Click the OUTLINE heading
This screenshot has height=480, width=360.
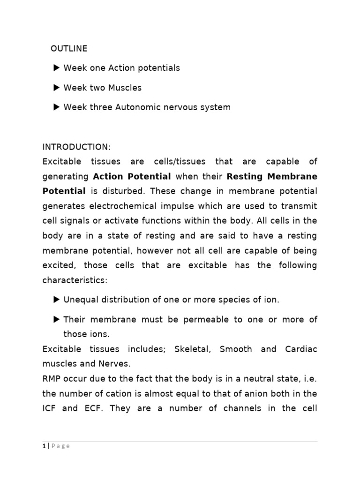[x=69, y=49]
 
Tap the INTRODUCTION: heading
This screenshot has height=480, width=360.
[x=76, y=147]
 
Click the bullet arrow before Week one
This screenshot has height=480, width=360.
[x=57, y=68]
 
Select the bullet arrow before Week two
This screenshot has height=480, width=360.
[x=57, y=88]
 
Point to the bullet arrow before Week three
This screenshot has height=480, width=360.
[x=57, y=107]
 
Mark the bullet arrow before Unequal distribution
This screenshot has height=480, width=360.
[x=57, y=300]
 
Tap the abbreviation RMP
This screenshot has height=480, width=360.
[x=51, y=379]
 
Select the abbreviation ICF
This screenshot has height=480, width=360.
[x=50, y=408]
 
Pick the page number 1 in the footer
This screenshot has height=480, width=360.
[x=43, y=446]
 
